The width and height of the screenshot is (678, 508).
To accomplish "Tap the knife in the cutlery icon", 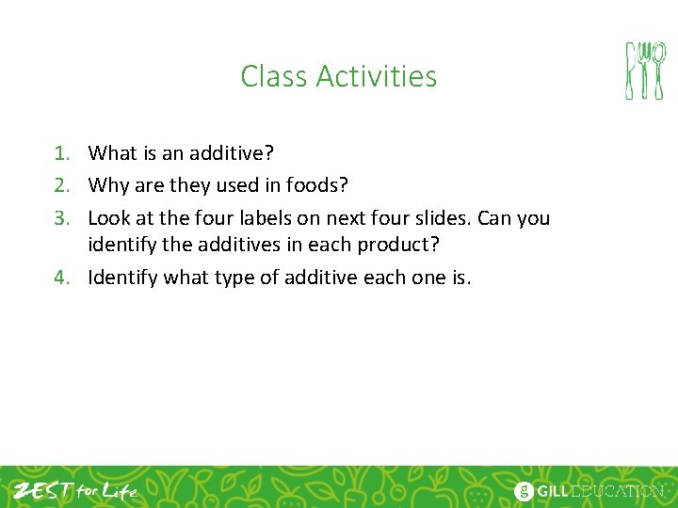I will tap(630, 71).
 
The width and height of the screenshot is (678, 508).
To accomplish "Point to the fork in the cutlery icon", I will tap(658, 71).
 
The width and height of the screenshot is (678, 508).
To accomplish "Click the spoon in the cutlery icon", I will tap(644, 71).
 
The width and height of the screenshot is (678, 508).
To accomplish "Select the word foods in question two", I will tap(315, 185).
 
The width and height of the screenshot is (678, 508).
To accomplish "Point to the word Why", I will tap(106, 185).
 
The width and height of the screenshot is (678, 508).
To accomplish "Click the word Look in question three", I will tap(108, 218).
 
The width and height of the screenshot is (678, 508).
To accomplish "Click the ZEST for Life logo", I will tap(75, 490).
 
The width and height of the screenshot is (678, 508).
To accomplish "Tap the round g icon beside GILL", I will tap(524, 491).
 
